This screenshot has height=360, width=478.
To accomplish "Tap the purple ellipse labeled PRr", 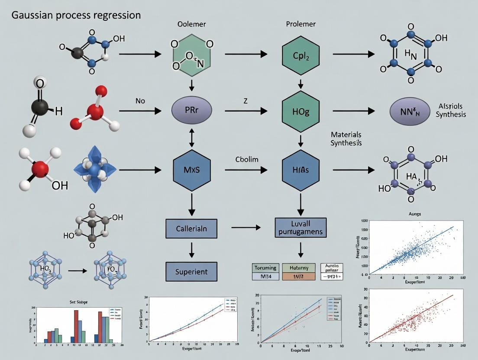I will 192,111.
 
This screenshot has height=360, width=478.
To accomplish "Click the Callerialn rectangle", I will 191,228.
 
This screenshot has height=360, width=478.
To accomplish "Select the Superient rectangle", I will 191,272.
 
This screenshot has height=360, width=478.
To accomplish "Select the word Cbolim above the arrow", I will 247,159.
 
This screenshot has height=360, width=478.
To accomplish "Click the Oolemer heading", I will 191,24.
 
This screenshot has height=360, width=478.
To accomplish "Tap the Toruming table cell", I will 265,268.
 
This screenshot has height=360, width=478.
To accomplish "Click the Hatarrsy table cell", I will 297,268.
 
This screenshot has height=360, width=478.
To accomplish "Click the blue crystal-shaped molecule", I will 93,170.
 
